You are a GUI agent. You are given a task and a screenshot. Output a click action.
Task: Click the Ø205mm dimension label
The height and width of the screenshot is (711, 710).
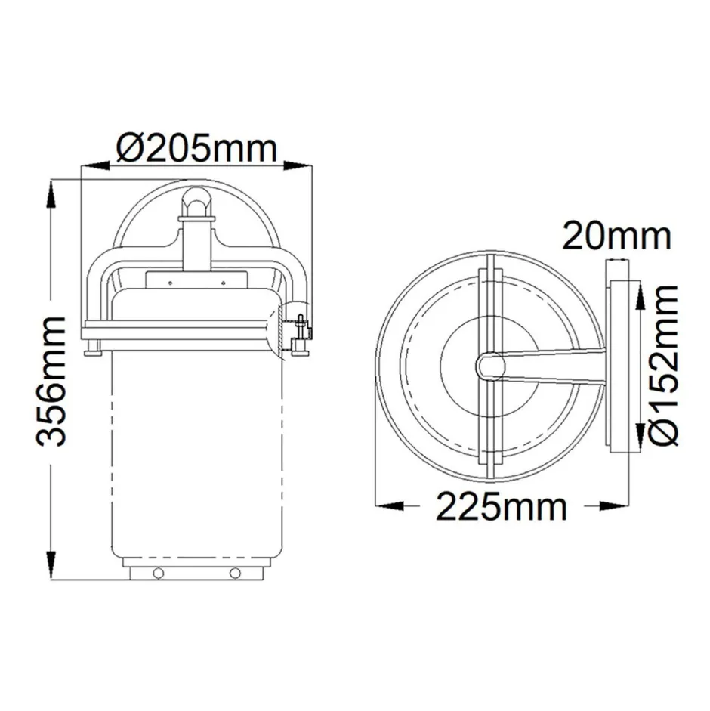point(197,148)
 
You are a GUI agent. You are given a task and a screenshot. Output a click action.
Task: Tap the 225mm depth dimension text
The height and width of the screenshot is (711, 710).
point(500,506)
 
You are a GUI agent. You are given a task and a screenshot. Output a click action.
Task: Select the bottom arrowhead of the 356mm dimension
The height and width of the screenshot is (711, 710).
point(51,570)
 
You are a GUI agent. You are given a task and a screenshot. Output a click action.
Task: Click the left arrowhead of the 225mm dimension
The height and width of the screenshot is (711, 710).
point(385,506)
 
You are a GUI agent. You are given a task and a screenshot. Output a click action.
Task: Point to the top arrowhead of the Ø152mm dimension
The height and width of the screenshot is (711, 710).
point(641,291)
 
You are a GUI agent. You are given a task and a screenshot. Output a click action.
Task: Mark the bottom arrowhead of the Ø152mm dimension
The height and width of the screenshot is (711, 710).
point(641,442)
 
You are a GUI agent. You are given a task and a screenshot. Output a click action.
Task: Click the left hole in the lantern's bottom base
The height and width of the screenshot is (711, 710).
point(158,572)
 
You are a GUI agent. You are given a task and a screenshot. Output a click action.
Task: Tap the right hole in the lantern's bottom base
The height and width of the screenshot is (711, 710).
point(235,572)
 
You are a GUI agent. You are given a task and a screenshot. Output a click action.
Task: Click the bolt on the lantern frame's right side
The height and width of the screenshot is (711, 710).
point(301,331)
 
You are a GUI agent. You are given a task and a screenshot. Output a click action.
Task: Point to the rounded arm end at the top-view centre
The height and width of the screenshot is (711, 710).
point(489,366)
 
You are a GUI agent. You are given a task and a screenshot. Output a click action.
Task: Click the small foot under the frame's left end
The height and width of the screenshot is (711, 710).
point(93,349)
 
